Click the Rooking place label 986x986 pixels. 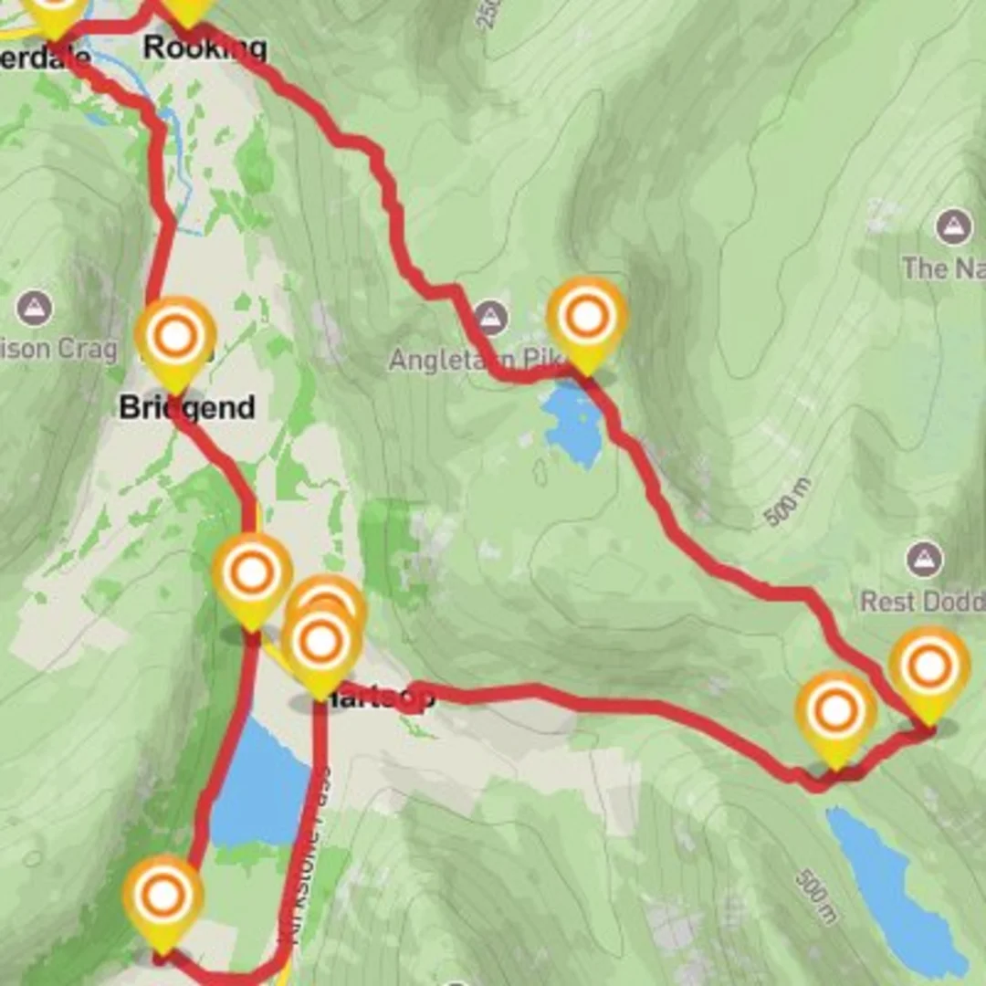[205, 47]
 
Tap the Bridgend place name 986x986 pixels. [186, 407]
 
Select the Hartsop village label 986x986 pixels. [374, 698]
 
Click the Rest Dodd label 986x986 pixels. [922, 602]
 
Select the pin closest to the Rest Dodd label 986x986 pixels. [928, 668]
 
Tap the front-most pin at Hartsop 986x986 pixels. [320, 645]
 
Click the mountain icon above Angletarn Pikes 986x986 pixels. [490, 319]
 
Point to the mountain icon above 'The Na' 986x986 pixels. [953, 226]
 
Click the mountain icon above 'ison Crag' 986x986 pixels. [34, 308]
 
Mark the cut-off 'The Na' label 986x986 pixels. [940, 268]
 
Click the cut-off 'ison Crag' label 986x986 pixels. [59, 349]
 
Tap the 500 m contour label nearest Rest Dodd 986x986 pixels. [787, 502]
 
